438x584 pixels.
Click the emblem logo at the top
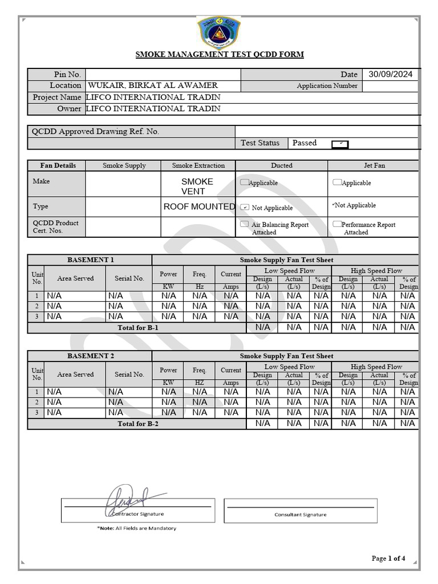[x=219, y=33]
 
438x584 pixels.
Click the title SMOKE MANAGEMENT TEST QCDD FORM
[x=219, y=55]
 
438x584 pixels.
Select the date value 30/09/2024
[x=390, y=74]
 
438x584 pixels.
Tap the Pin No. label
[x=67, y=75]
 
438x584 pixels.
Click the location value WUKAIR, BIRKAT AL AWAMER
[x=153, y=86]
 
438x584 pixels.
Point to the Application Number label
[x=327, y=86]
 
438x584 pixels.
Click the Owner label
[x=69, y=108]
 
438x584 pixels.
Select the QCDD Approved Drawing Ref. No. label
[x=95, y=131]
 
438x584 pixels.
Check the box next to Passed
[x=340, y=144]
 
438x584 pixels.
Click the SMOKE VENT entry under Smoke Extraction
[x=197, y=186]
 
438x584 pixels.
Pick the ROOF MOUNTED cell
[x=198, y=206]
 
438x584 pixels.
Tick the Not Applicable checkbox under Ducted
[x=245, y=207]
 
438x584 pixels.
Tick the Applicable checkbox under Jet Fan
[x=337, y=182]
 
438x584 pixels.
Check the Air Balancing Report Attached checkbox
[x=245, y=224]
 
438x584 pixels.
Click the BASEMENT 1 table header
[x=90, y=260]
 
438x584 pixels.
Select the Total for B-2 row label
[x=137, y=424]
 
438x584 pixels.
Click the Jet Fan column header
[x=374, y=165]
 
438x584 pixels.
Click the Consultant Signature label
[x=301, y=514]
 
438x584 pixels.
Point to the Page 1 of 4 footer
[x=388, y=558]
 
